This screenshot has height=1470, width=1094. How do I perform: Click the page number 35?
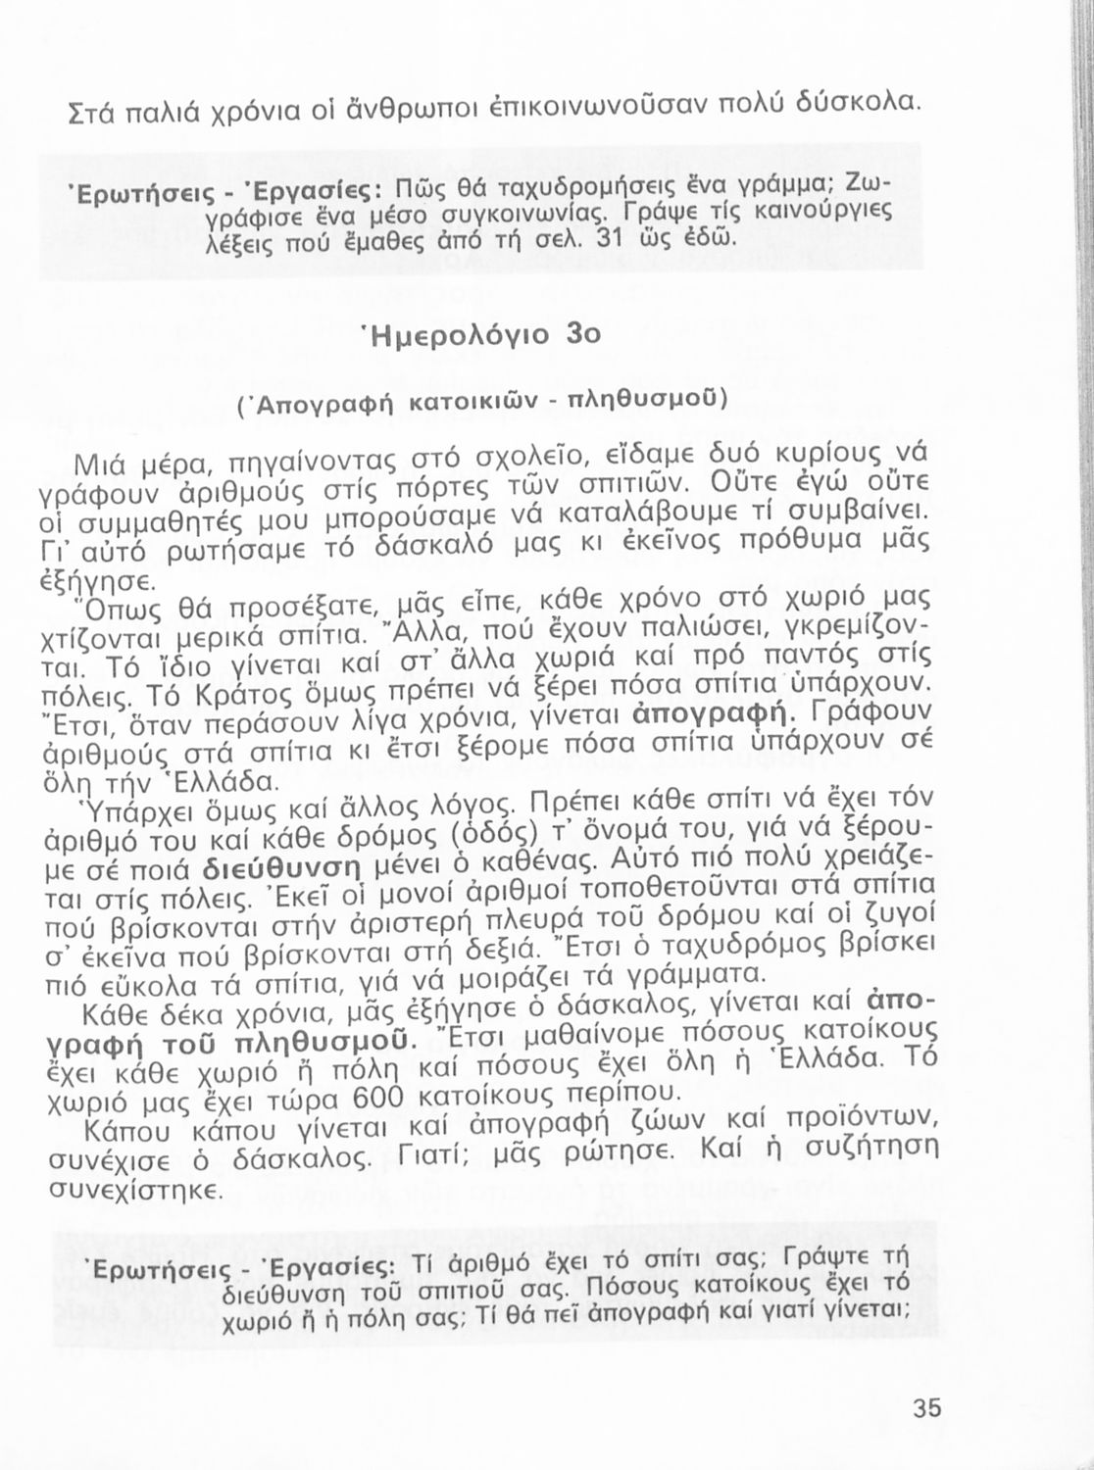coord(926,1409)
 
